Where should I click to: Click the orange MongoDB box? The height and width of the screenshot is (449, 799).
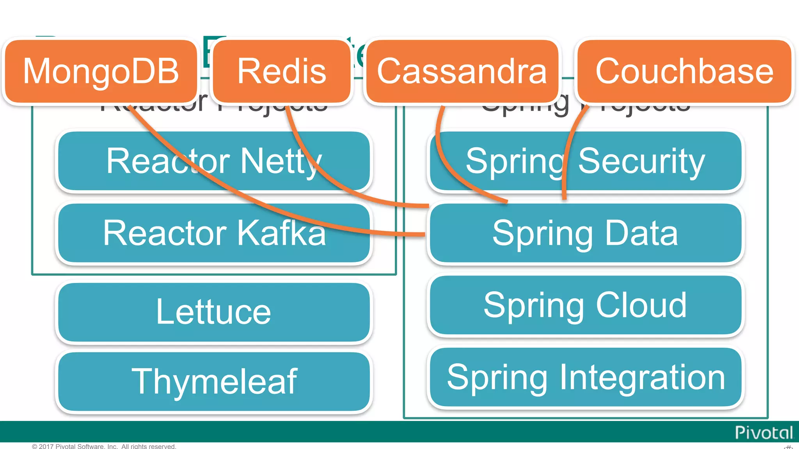coord(101,71)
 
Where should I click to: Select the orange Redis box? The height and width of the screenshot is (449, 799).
coord(282,71)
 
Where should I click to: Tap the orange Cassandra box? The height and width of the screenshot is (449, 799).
coord(462,71)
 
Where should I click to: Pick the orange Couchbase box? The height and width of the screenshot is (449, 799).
coord(684,71)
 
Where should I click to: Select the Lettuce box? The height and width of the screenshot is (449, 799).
coord(214,312)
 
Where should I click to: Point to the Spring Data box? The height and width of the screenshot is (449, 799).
coord(585,233)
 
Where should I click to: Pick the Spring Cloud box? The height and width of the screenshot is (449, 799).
coord(585,305)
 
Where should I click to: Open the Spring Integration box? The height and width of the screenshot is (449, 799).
coord(585,377)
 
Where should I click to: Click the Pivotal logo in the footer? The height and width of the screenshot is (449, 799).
coord(763,433)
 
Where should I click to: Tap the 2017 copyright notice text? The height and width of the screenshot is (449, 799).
coord(104,446)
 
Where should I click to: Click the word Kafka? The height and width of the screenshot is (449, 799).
coord(282,233)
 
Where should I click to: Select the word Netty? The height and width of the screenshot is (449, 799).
coord(281,161)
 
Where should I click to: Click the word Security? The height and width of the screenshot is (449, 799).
coord(641,161)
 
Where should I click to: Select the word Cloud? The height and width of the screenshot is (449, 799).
coord(641,305)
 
